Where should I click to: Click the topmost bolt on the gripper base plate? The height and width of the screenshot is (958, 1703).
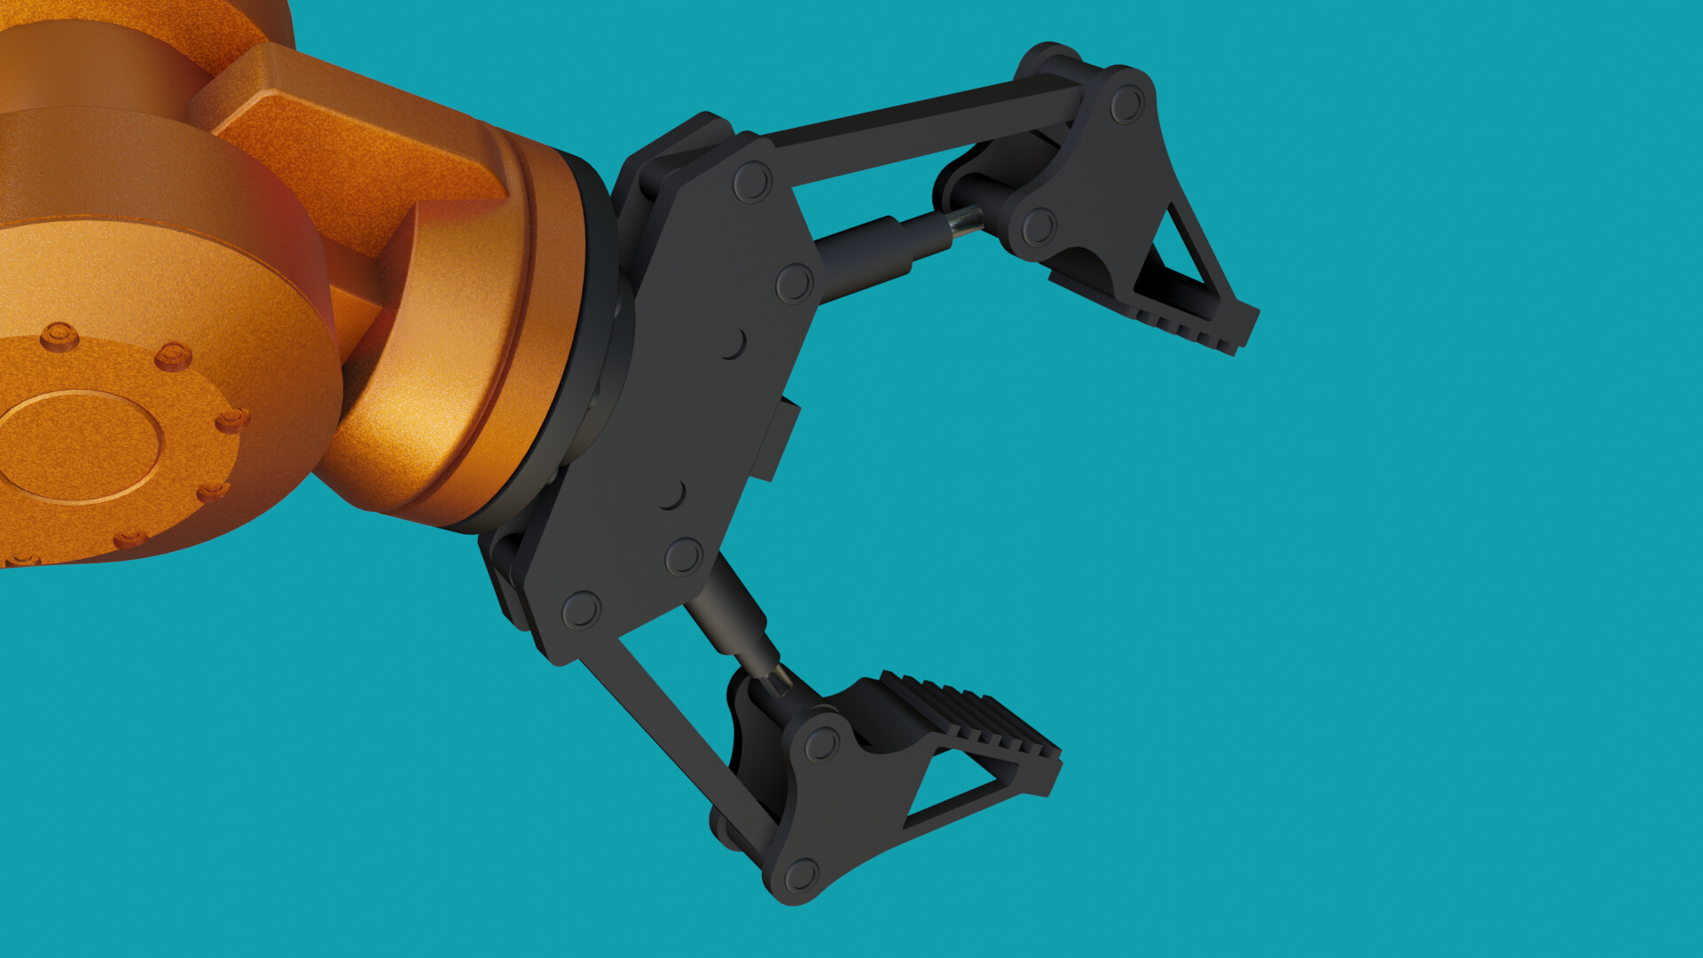pos(752,182)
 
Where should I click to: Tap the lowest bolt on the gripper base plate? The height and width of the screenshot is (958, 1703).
pos(581,610)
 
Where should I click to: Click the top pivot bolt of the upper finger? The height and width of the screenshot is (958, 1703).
pos(1126,104)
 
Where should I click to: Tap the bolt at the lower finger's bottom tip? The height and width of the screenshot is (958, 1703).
pos(801,876)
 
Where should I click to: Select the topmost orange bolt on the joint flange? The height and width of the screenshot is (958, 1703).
pos(59,336)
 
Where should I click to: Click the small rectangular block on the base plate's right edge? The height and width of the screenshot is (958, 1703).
pos(775,439)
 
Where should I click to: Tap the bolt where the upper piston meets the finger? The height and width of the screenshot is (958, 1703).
pos(1039,227)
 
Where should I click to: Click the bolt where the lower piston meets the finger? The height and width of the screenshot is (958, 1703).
pos(821,744)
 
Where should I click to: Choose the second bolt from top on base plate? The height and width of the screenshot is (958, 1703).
pos(794,284)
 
